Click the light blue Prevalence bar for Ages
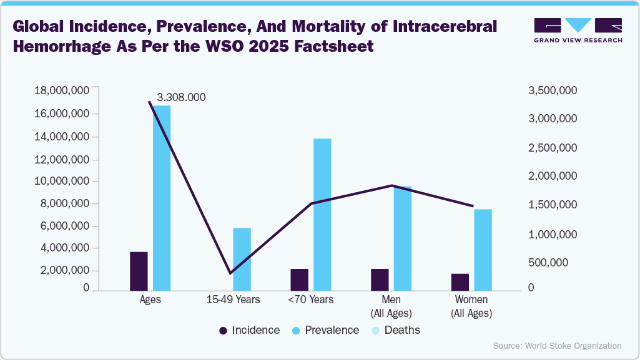(x=162, y=198)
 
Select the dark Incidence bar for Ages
(x=139, y=271)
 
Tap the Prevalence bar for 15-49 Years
(x=242, y=259)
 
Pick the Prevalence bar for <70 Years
(x=322, y=214)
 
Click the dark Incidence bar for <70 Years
(x=299, y=280)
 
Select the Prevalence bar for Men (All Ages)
(x=403, y=238)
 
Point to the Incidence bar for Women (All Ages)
(x=460, y=282)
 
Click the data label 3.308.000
(x=181, y=97)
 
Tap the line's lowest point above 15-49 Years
(x=230, y=273)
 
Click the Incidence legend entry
(x=249, y=330)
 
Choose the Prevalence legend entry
(x=325, y=330)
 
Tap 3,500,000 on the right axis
(x=552, y=91)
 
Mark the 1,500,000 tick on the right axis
(x=552, y=205)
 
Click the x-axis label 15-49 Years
(x=233, y=299)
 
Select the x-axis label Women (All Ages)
(x=471, y=306)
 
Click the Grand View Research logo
(x=578, y=29)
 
